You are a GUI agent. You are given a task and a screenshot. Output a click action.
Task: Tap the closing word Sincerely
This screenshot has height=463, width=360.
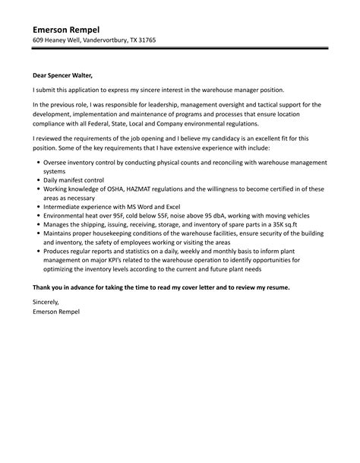tap(50, 303)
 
